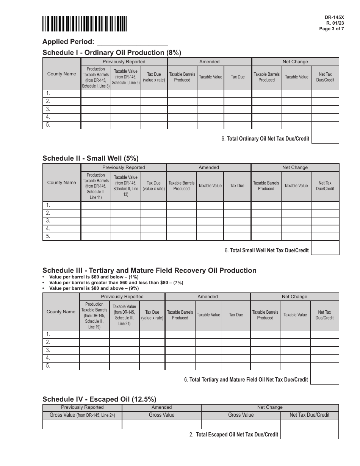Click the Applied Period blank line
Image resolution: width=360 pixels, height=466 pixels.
click(x=133, y=42)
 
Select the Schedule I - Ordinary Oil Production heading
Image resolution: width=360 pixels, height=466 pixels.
click(x=112, y=53)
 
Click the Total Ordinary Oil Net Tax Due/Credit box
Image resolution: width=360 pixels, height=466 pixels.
click(x=325, y=136)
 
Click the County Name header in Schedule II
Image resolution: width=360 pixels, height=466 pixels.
click(x=61, y=183)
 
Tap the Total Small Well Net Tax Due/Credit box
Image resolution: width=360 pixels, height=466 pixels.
click(x=325, y=248)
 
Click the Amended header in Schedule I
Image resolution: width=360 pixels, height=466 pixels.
click(x=209, y=62)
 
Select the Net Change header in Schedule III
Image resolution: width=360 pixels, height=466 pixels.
click(x=294, y=297)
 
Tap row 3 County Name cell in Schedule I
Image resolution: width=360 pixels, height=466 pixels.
click(x=61, y=109)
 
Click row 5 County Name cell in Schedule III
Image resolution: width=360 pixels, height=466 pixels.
click(x=61, y=366)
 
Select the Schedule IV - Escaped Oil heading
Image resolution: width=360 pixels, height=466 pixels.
click(x=99, y=399)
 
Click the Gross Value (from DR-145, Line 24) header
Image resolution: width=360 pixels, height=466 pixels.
click(x=82, y=415)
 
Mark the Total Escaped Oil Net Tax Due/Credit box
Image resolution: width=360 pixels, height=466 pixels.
click(x=310, y=434)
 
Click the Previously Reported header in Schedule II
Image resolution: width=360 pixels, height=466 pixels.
click(x=124, y=167)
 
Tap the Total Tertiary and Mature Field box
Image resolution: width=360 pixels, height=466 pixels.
click(x=324, y=377)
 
